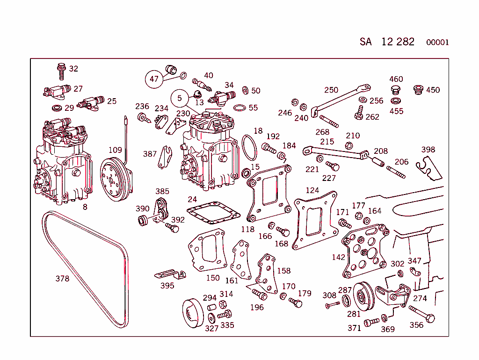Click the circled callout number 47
pyautogui.click(x=154, y=79)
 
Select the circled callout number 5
pyautogui.click(x=179, y=98)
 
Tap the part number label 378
pyautogui.click(x=62, y=279)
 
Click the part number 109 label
pyautogui.click(x=115, y=150)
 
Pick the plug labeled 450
pyautogui.click(x=418, y=89)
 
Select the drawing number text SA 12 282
pyautogui.click(x=387, y=42)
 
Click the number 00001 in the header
pyautogui.click(x=437, y=43)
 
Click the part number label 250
pyautogui.click(x=331, y=90)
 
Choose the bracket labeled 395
pyautogui.click(x=169, y=274)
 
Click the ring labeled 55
pyautogui.click(x=239, y=108)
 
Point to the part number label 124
pyautogui.click(x=312, y=190)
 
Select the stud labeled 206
pyautogui.click(x=396, y=172)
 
